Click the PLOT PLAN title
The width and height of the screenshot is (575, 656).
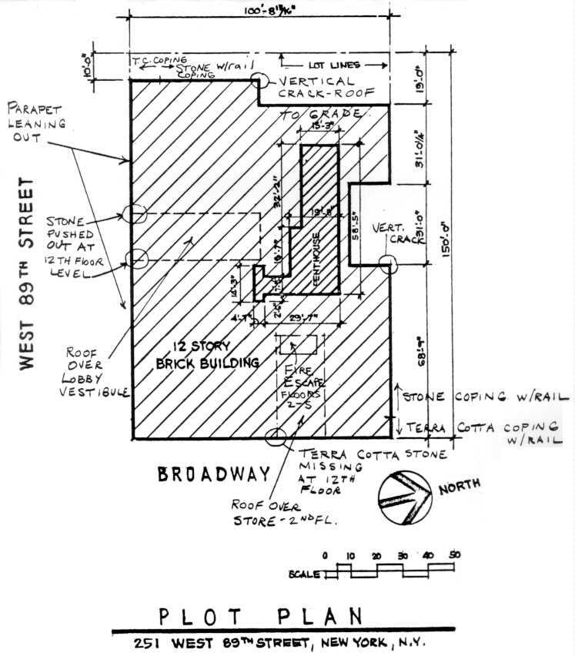(x=261, y=617)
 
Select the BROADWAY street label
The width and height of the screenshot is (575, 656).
(x=214, y=474)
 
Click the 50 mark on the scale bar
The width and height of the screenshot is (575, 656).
(x=454, y=555)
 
